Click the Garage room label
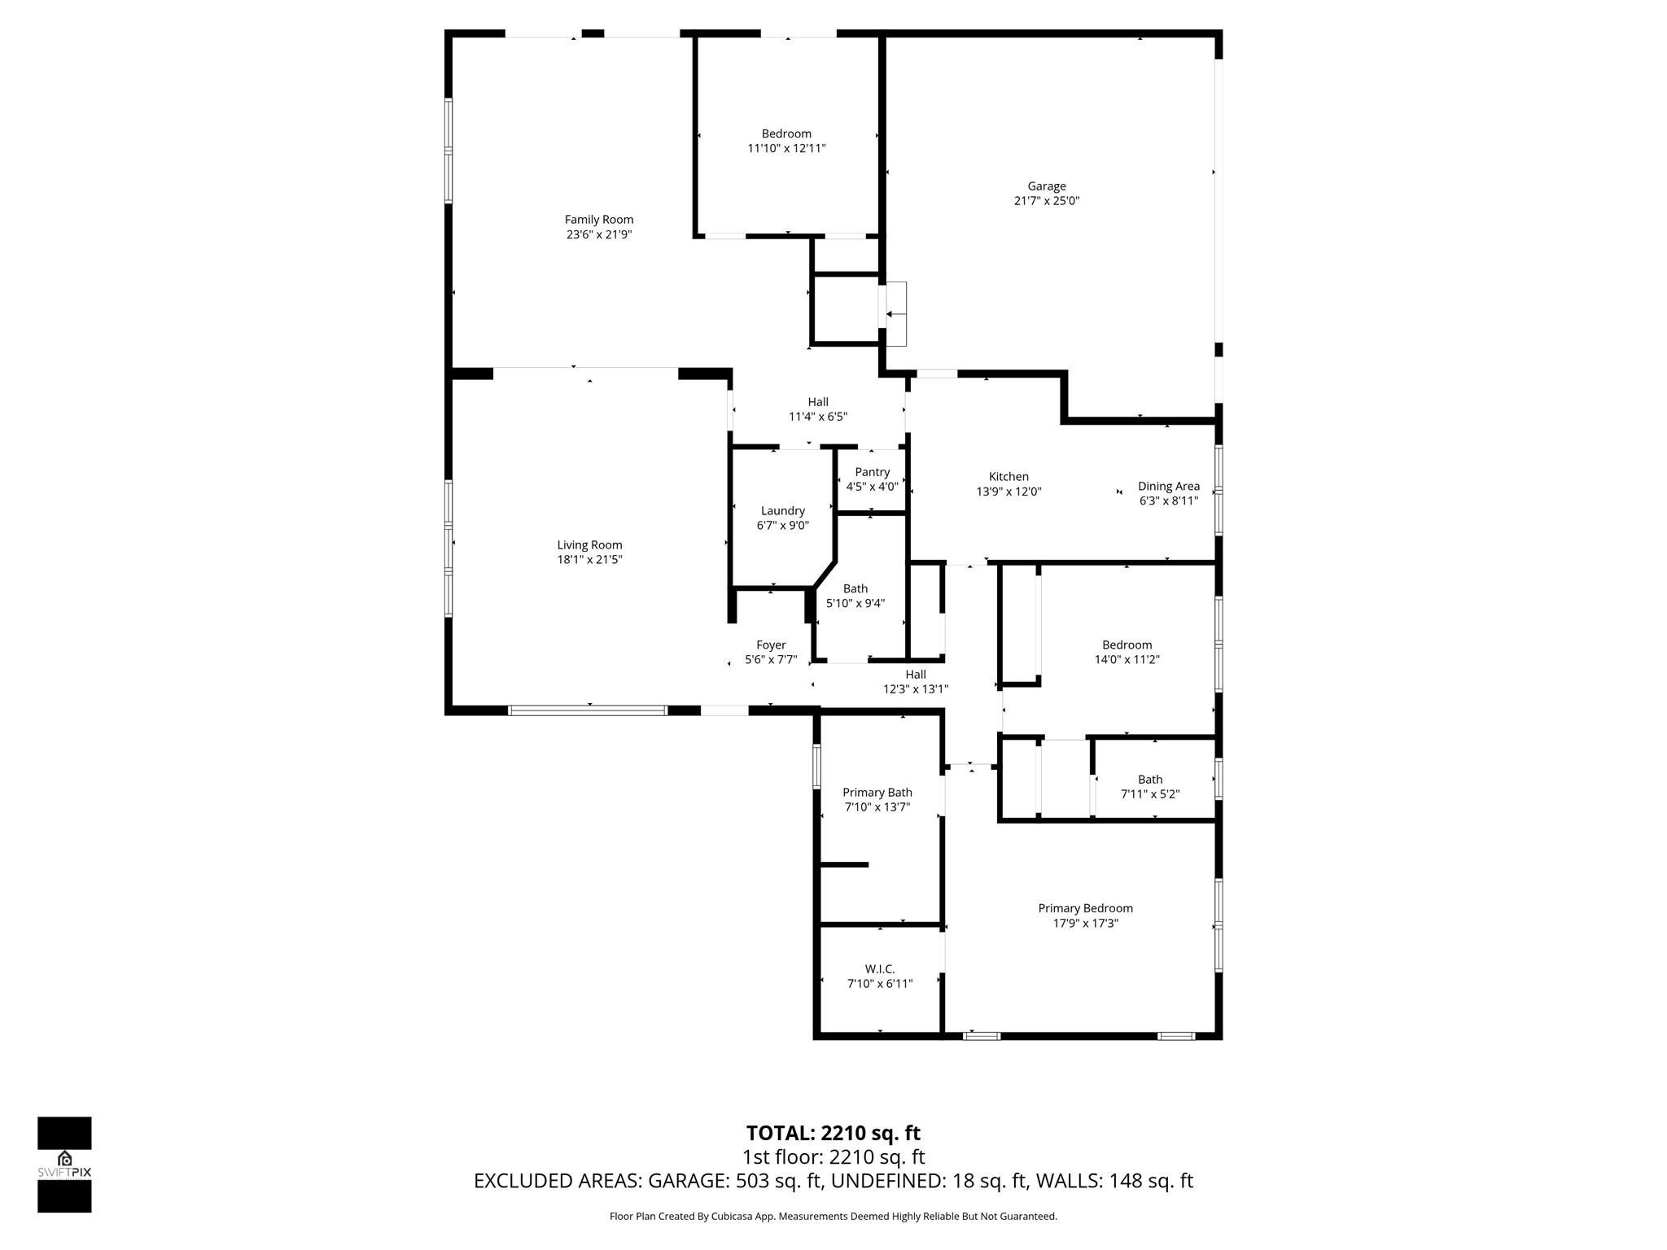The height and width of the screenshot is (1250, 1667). [x=1046, y=186]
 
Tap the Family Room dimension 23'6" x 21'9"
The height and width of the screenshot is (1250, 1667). [x=599, y=234]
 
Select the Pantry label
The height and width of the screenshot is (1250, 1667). [x=872, y=472]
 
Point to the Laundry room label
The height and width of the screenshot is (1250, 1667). [x=782, y=511]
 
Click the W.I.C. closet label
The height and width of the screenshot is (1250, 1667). [x=879, y=968]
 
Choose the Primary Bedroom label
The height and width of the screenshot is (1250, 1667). [x=1085, y=908]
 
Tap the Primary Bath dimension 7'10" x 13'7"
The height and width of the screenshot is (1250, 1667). [x=877, y=807]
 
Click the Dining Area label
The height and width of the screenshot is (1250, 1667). [x=1168, y=486]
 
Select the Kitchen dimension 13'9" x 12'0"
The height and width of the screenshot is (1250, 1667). [x=1009, y=492]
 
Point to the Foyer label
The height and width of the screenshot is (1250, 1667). [x=771, y=645]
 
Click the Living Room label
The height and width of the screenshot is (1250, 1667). [x=589, y=545]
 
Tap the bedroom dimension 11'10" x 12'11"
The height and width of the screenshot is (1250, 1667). [x=786, y=148]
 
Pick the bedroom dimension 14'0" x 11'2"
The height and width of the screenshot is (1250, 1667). [x=1127, y=659]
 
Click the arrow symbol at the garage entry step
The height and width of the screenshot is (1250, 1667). [x=895, y=314]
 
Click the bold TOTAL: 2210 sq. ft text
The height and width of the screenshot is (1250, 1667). [x=833, y=1133]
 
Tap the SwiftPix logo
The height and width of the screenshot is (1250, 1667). [x=64, y=1165]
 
